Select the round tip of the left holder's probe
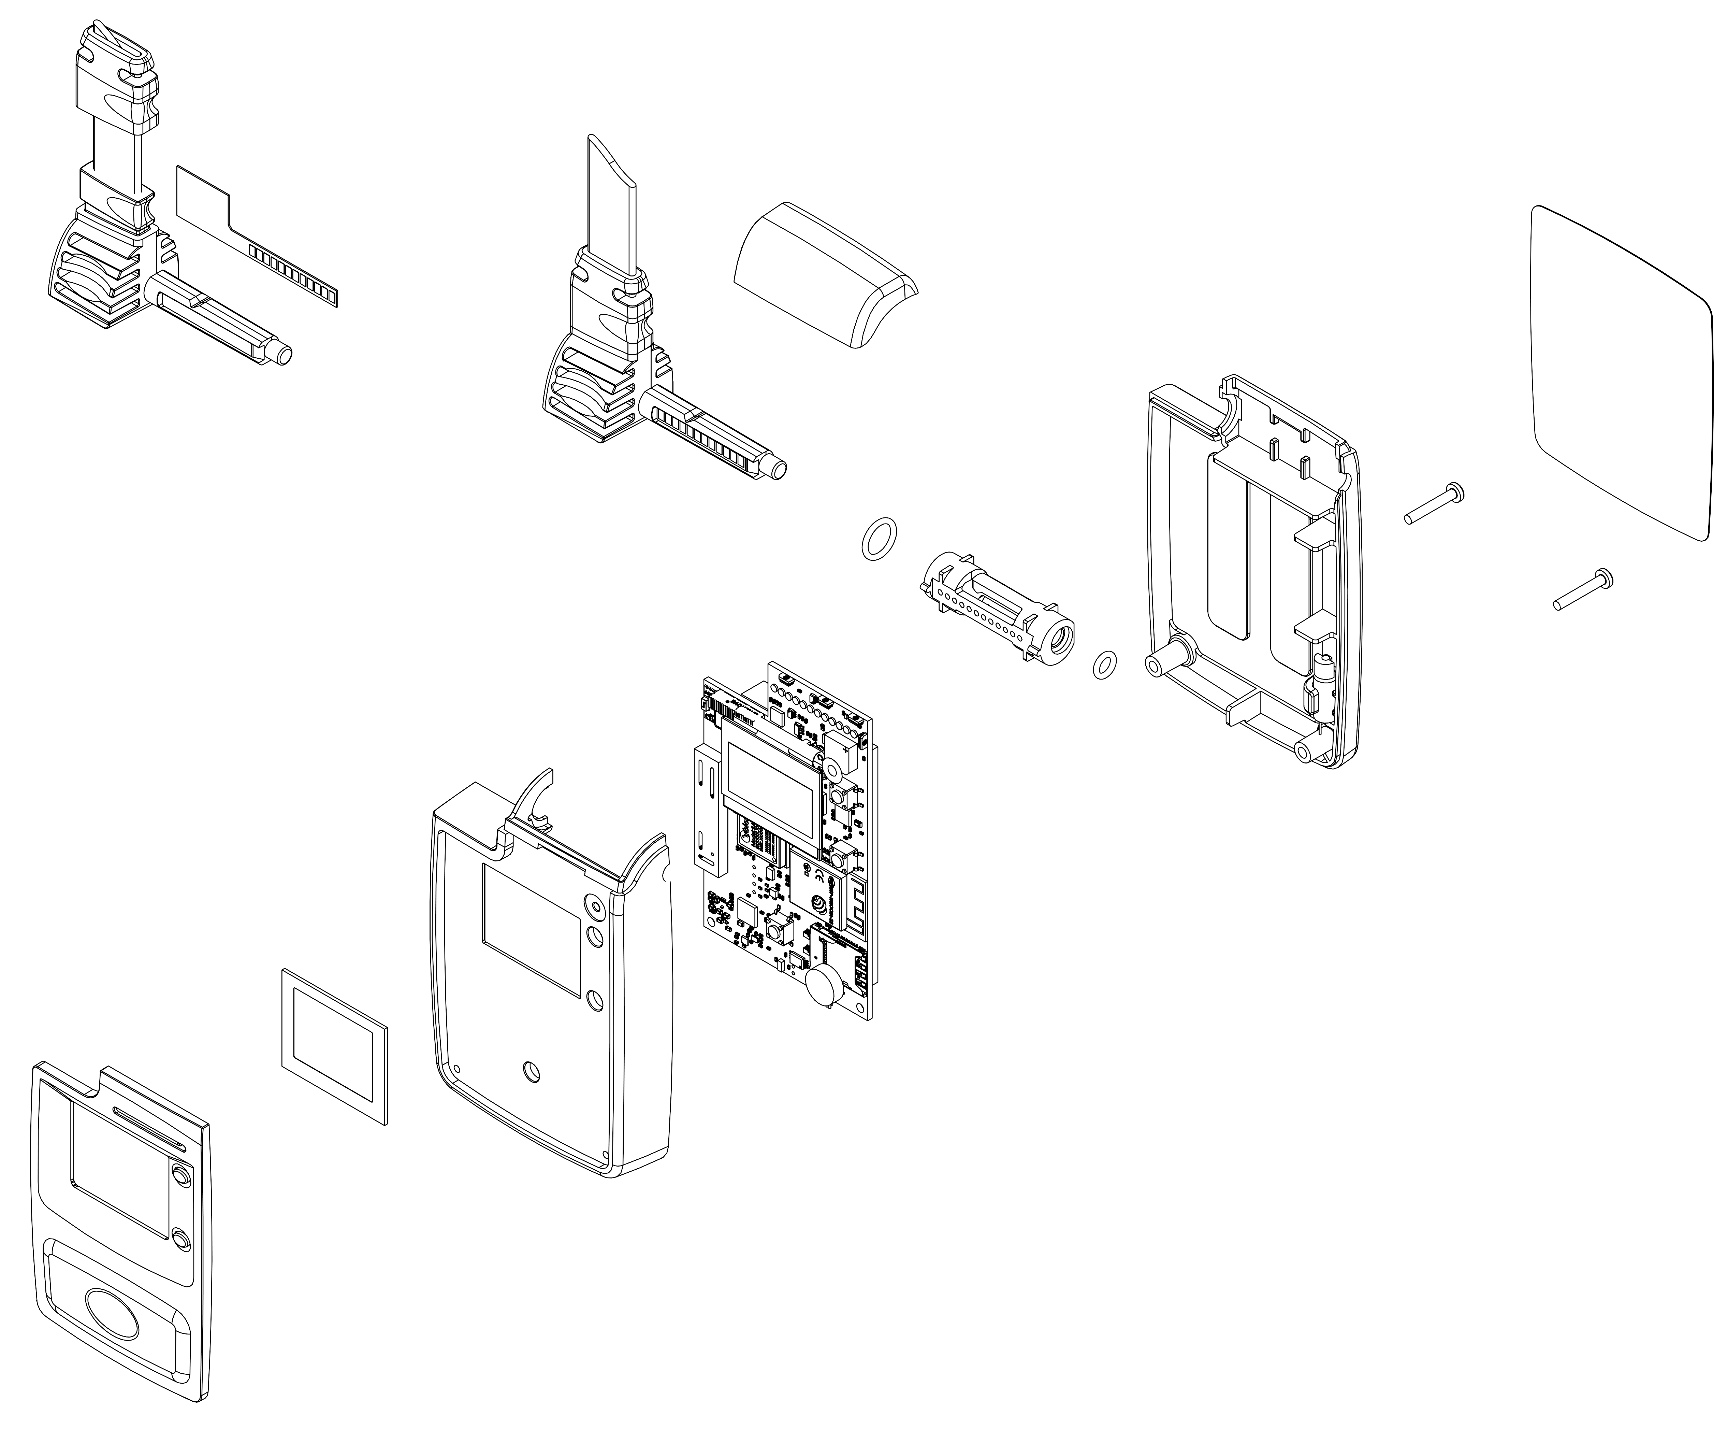pyautogui.click(x=284, y=355)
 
